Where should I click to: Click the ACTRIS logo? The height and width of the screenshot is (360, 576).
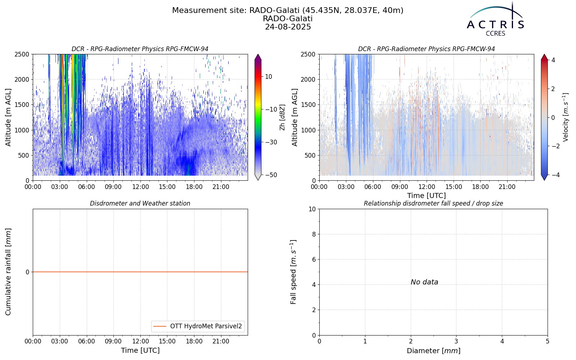click(495, 19)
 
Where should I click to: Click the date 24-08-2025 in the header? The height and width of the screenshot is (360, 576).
click(288, 27)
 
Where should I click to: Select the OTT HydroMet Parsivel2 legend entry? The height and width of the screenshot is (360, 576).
click(198, 326)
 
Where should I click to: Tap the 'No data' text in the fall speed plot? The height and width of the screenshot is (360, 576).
click(424, 282)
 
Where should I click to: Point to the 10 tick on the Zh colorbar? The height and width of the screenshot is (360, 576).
click(269, 77)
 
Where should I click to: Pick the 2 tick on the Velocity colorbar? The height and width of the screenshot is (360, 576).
click(553, 89)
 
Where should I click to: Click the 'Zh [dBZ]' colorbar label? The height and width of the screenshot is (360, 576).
click(282, 117)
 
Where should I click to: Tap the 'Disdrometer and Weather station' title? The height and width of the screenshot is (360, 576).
click(140, 203)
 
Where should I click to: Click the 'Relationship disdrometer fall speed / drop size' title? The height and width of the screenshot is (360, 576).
click(433, 203)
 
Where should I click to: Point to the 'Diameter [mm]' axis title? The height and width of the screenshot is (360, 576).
click(433, 351)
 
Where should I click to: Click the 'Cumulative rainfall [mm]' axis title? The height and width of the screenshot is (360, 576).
click(8, 272)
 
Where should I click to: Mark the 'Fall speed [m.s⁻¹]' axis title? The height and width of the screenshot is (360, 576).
click(293, 272)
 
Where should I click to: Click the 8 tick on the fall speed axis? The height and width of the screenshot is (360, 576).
click(314, 234)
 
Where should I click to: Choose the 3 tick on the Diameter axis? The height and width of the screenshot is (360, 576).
click(456, 341)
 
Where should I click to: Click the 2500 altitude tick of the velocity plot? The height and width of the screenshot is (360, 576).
click(308, 54)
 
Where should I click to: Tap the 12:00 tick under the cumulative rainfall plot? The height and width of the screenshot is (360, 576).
click(140, 341)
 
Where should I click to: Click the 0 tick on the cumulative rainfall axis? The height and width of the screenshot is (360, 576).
click(27, 272)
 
